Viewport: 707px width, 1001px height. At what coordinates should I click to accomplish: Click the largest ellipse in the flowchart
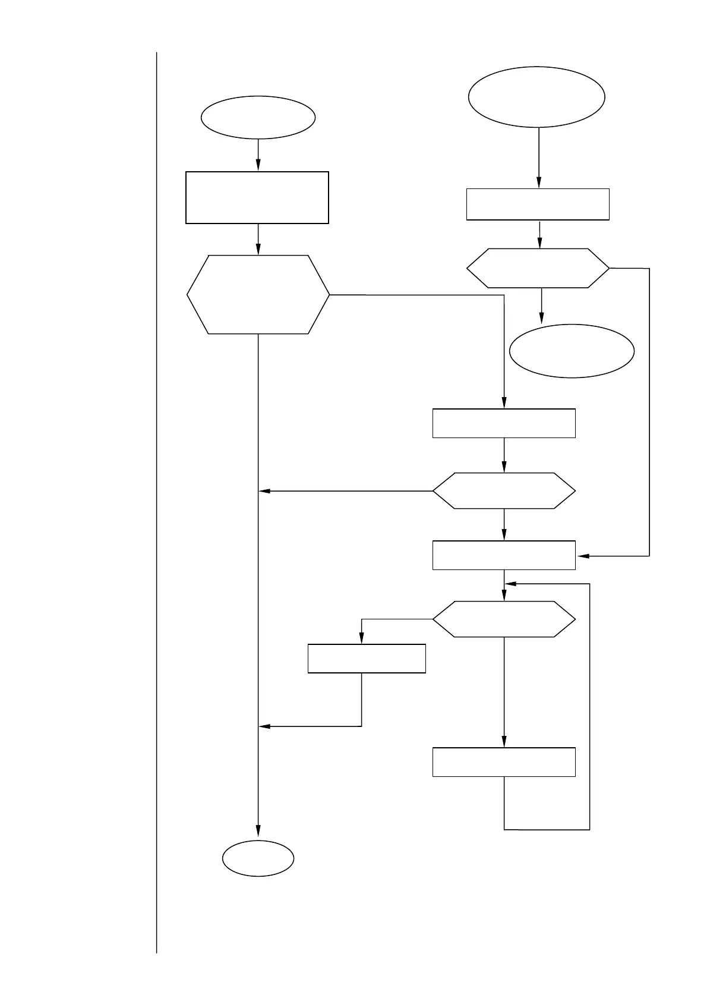pyautogui.click(x=536, y=96)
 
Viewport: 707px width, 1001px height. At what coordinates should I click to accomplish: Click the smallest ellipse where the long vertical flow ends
pyautogui.click(x=258, y=858)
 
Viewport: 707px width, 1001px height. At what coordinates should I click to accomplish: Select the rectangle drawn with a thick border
pyautogui.click(x=257, y=197)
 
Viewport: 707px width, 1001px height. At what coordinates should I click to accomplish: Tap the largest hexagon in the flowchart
pyautogui.click(x=258, y=294)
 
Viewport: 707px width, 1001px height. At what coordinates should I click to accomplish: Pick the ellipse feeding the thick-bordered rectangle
pyautogui.click(x=258, y=117)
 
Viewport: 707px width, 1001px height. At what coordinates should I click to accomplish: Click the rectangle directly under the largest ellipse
pyautogui.click(x=538, y=204)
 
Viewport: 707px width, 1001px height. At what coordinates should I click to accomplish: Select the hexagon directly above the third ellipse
pyautogui.click(x=538, y=268)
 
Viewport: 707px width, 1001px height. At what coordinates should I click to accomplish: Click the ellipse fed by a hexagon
pyautogui.click(x=572, y=351)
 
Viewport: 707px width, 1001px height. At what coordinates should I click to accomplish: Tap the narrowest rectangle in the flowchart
pyautogui.click(x=367, y=658)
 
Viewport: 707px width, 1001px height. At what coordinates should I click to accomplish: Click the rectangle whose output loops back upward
pyautogui.click(x=504, y=761)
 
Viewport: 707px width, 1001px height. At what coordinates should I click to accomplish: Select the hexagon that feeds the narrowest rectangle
pyautogui.click(x=504, y=619)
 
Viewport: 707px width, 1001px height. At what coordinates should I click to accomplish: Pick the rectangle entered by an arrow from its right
pyautogui.click(x=504, y=555)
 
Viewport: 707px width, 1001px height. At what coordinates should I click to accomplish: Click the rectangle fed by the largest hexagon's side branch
pyautogui.click(x=504, y=423)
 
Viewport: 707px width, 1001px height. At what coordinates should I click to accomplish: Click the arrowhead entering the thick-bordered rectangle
pyautogui.click(x=258, y=166)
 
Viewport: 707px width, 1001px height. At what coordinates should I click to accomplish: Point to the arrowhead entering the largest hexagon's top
pyautogui.click(x=258, y=250)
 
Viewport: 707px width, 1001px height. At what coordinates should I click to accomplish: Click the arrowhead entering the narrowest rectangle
pyautogui.click(x=362, y=639)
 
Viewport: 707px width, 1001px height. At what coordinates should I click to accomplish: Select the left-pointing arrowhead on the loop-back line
pyautogui.click(x=510, y=584)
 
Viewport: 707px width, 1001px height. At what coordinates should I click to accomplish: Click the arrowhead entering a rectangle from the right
pyautogui.click(x=582, y=556)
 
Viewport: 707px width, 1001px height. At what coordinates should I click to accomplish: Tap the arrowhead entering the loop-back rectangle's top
pyautogui.click(x=504, y=742)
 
